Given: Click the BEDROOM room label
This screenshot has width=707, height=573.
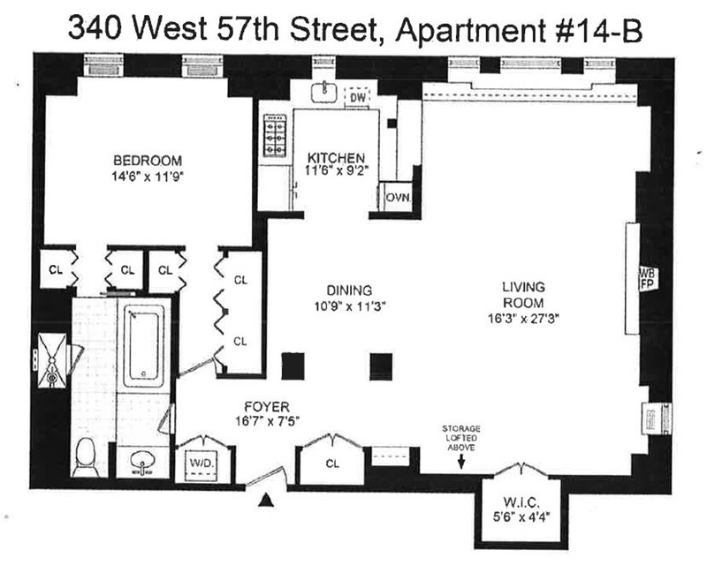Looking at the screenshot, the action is tap(148, 161).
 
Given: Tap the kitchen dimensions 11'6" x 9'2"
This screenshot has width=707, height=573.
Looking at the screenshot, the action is tap(337, 170).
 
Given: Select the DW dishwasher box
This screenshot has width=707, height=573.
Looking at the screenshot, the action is tap(357, 96).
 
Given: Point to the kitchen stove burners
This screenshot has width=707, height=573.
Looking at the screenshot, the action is tap(275, 135).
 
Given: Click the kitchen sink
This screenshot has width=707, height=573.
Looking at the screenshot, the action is tap(324, 92).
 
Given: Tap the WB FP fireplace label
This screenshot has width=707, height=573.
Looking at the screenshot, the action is tap(648, 277).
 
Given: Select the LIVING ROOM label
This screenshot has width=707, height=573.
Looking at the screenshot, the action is tap(523, 295).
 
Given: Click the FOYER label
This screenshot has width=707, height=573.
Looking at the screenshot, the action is tap(267, 407).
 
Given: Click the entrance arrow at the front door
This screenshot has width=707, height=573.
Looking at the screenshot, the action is tap(266, 499).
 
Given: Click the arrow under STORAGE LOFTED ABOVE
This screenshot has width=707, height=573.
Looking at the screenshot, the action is tap(460, 461).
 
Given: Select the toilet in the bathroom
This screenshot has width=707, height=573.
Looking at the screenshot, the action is tap(86, 457).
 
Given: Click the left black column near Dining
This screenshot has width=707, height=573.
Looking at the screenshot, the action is tap(293, 366).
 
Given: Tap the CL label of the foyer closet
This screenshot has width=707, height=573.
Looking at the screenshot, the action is tap(332, 464).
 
